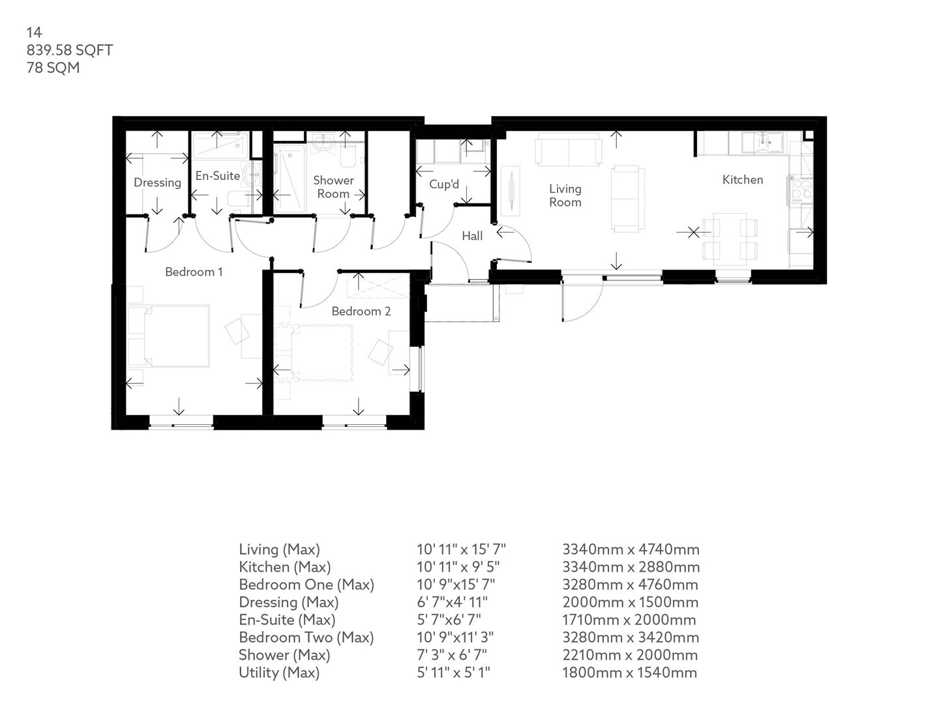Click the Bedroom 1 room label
click(194, 272)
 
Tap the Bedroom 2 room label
click(361, 312)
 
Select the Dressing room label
click(157, 183)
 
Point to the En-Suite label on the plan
click(218, 176)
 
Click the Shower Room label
click(333, 187)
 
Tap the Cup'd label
click(444, 184)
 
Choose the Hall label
click(472, 236)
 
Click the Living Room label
click(565, 196)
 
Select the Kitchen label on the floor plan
click(742, 180)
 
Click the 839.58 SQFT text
click(70, 50)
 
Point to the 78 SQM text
click(53, 67)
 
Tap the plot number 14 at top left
click(34, 33)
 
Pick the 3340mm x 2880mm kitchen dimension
click(631, 567)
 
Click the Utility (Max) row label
click(279, 673)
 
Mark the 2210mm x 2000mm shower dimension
click(630, 655)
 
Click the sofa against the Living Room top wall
click(567, 151)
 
